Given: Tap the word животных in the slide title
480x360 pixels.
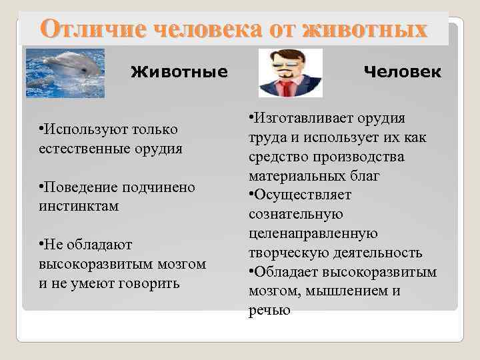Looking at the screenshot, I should click(364, 29).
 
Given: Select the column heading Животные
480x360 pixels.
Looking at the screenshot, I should click(179, 71).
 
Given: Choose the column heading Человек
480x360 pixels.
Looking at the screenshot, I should click(402, 71).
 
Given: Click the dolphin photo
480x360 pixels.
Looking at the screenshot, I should click(65, 72).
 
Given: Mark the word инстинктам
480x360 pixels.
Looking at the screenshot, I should click(79, 206).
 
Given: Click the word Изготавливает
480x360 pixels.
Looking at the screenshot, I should click(298, 119).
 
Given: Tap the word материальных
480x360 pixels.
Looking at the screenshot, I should click(291, 176).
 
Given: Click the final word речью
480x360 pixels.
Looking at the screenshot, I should click(269, 310).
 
